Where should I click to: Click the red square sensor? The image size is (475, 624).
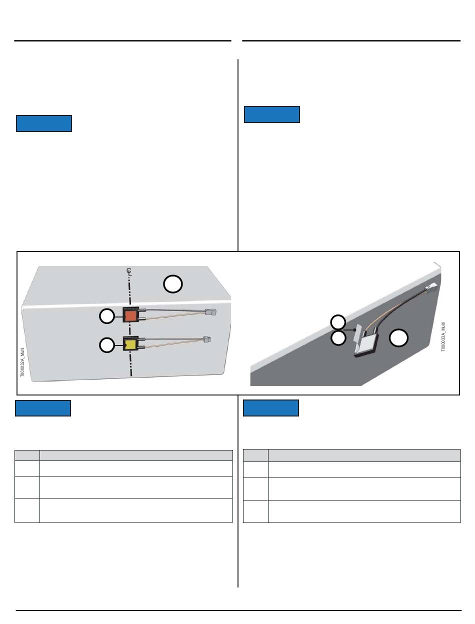pyautogui.click(x=130, y=315)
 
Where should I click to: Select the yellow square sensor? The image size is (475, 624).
pyautogui.click(x=130, y=343)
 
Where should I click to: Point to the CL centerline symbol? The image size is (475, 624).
pyautogui.click(x=129, y=272)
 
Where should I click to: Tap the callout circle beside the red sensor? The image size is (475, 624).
pyautogui.click(x=107, y=316)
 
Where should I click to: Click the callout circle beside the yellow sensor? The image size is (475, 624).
pyautogui.click(x=107, y=345)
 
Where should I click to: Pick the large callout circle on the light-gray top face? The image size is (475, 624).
pyautogui.click(x=173, y=283)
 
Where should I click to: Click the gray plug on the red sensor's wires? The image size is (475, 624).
pyautogui.click(x=210, y=312)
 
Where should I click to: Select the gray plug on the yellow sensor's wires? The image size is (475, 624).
pyautogui.click(x=207, y=339)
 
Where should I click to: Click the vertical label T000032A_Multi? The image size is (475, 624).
pyautogui.click(x=22, y=362)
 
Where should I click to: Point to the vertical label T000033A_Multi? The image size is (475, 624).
pyautogui.click(x=443, y=336)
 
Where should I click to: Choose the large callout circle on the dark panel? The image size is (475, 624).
pyautogui.click(x=398, y=337)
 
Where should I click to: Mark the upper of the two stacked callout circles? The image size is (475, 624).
pyautogui.click(x=338, y=322)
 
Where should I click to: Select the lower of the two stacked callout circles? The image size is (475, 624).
pyautogui.click(x=338, y=337)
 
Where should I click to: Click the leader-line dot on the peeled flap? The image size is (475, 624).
pyautogui.click(x=355, y=330)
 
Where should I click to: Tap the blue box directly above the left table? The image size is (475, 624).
pyautogui.click(x=43, y=408)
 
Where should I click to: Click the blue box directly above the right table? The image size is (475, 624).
pyautogui.click(x=271, y=408)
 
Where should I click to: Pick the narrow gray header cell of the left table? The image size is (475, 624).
pyautogui.click(x=27, y=455)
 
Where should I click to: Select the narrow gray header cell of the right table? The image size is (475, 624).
pyautogui.click(x=255, y=455)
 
